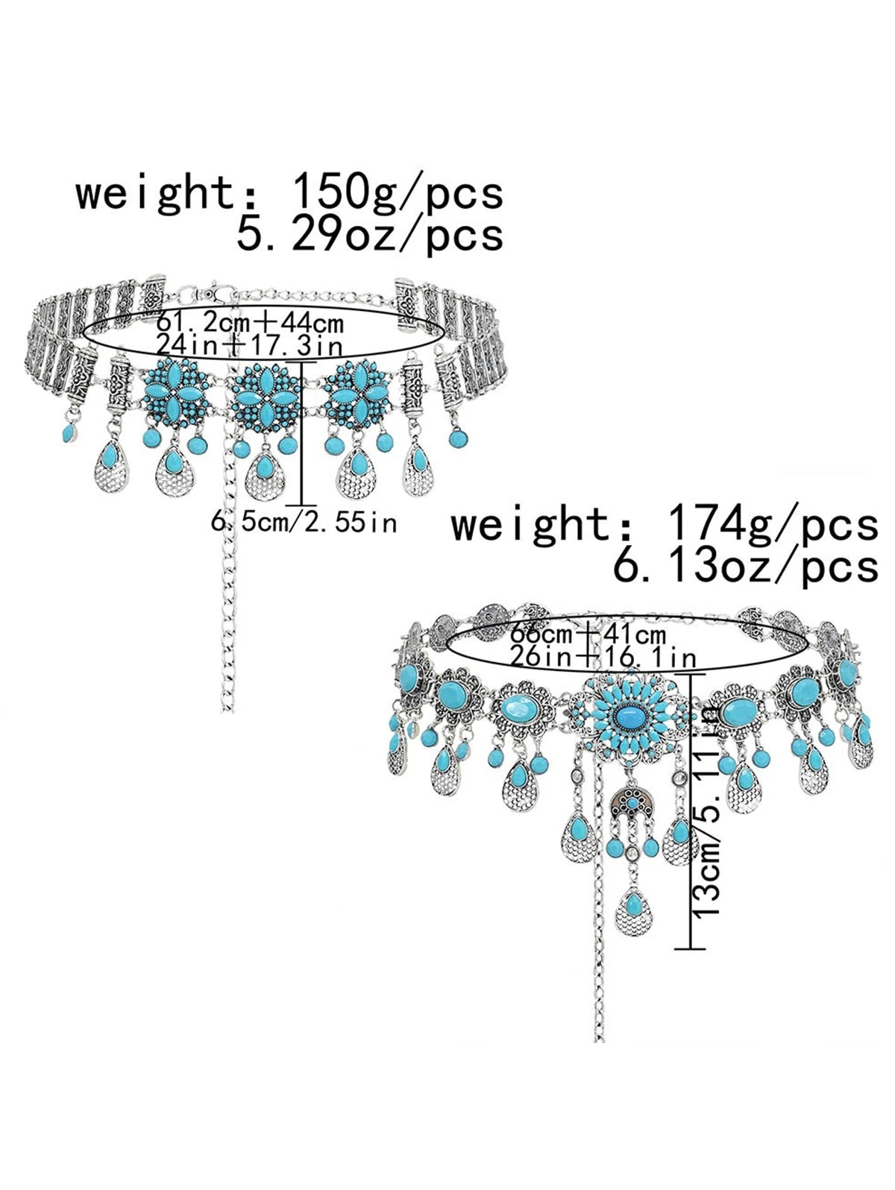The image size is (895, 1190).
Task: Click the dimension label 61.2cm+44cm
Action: (249, 323)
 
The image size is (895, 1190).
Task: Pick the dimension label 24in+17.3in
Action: (249, 345)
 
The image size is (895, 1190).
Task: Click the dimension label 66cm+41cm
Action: (585, 635)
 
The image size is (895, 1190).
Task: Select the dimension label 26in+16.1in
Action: (603, 657)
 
